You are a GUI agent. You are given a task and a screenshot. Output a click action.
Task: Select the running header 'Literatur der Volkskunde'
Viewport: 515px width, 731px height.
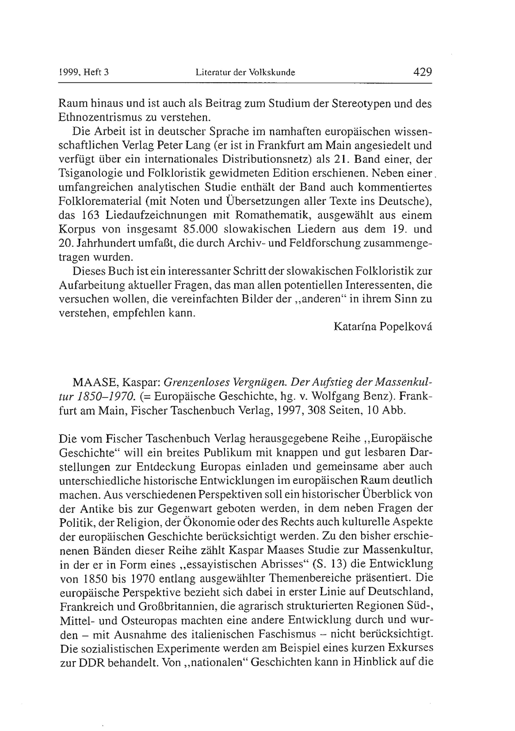pos(245,73)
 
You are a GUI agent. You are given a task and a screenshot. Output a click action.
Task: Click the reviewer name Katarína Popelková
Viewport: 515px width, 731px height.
pos(383,327)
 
